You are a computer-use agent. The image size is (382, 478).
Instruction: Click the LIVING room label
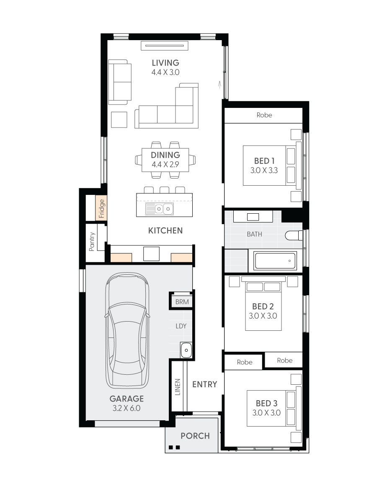(x=165, y=63)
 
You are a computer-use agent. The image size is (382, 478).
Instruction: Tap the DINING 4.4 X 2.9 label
(x=165, y=159)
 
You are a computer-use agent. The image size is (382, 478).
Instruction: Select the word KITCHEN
(x=165, y=230)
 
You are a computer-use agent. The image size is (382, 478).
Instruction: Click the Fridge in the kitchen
(x=101, y=208)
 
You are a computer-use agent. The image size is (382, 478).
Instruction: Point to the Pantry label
(x=92, y=242)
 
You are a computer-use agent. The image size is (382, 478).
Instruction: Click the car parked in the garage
(x=127, y=330)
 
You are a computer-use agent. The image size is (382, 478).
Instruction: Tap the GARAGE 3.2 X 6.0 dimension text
(x=126, y=403)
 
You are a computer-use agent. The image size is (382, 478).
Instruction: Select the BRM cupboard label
(x=182, y=302)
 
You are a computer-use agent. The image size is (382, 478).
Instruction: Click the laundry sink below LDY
(x=186, y=350)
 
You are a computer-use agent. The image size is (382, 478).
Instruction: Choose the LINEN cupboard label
(x=178, y=387)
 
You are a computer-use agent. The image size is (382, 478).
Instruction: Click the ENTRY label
(x=204, y=384)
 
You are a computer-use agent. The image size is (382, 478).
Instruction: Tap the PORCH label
(x=195, y=436)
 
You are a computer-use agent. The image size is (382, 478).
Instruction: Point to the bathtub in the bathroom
(x=276, y=261)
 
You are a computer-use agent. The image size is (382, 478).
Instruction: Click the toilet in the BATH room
(x=294, y=235)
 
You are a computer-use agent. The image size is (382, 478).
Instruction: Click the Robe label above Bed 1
(x=264, y=115)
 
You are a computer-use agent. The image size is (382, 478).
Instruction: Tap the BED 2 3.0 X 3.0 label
(x=263, y=311)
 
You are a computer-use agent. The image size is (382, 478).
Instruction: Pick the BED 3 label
(x=266, y=403)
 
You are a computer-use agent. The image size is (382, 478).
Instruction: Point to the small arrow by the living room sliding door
(x=219, y=85)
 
